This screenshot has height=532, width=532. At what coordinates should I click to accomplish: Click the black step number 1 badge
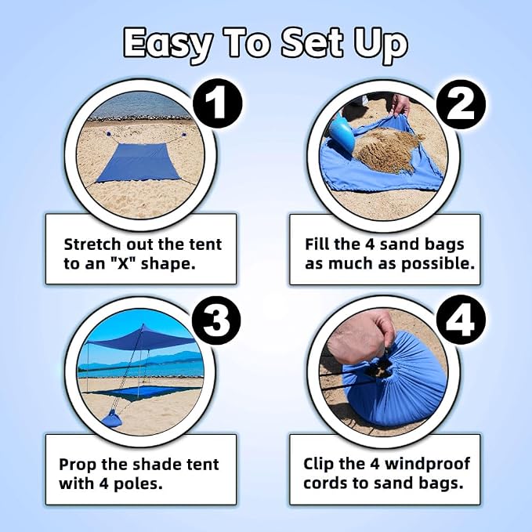218,103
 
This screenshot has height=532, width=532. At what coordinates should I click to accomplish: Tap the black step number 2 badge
461,104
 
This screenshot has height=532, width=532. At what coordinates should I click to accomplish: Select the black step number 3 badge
216,320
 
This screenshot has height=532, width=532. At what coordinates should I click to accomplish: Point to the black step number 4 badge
461,320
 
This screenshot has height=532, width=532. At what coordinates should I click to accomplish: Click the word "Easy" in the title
168,44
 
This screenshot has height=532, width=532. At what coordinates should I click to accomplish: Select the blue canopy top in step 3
140,338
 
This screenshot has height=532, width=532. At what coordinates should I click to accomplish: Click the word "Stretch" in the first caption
92,244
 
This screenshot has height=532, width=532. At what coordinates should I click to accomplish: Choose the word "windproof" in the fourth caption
428,464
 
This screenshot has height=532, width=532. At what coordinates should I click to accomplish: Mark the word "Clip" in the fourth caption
319,464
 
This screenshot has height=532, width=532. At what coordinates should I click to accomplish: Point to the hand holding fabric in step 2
400,104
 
